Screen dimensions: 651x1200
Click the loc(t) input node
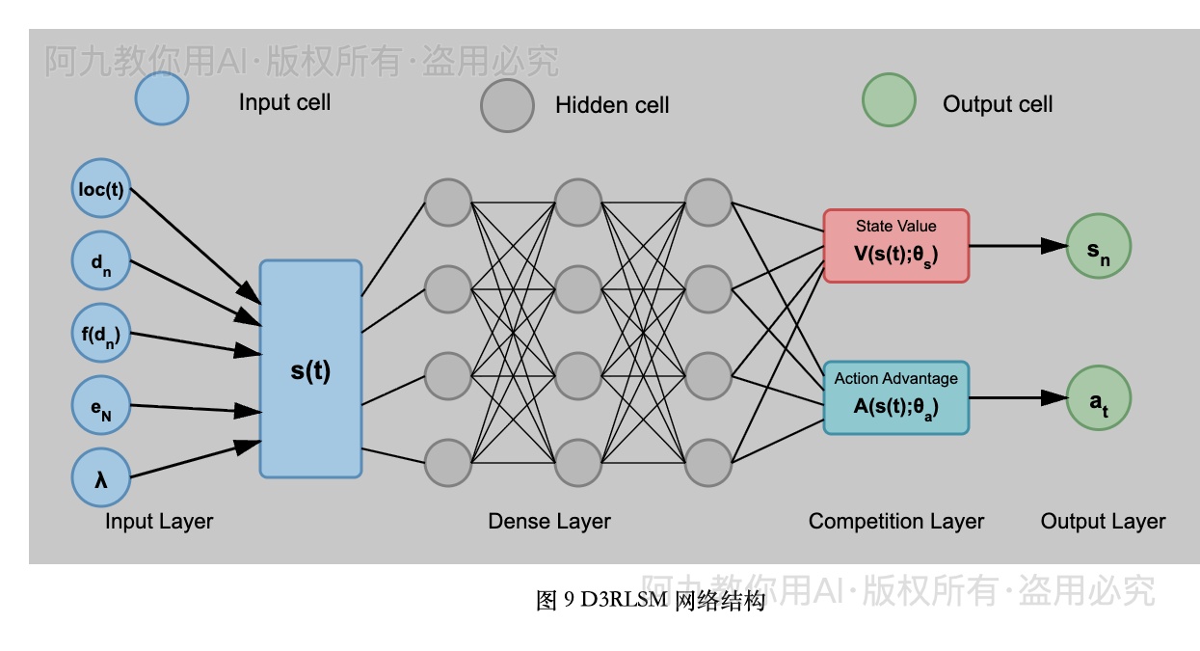tap(101, 188)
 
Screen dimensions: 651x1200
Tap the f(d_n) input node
tap(101, 334)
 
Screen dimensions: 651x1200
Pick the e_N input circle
tap(101, 406)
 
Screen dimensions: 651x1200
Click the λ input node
tap(101, 477)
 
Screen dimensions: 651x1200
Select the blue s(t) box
tap(310, 368)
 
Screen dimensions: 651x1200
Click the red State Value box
tap(895, 246)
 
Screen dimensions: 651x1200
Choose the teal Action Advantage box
tap(895, 397)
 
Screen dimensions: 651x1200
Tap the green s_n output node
tap(1098, 246)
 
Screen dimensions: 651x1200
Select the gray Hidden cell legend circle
tap(507, 105)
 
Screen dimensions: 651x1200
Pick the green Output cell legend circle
tap(888, 100)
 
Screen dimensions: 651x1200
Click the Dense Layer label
tap(549, 522)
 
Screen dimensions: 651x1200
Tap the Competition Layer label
tap(896, 522)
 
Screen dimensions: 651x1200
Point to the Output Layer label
tap(1103, 522)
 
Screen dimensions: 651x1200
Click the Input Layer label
tap(159, 522)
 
